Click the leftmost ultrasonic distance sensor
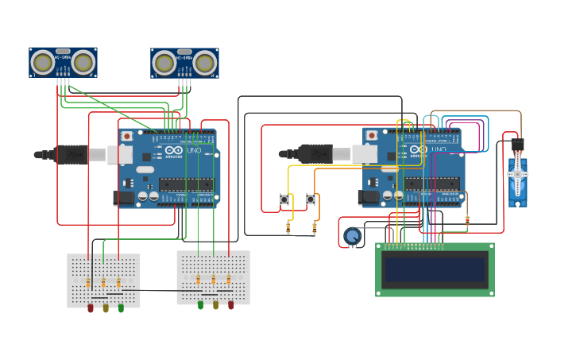64,62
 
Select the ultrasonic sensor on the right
184,62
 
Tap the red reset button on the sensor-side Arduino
126,136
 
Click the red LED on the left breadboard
91,308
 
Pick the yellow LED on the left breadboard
106,308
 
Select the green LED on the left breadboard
121,308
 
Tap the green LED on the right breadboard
200,304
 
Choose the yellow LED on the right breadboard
215,304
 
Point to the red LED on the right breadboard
231,304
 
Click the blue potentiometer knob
352,235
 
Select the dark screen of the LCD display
435,270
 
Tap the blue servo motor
517,181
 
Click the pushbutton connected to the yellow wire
284,199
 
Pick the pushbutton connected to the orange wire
311,199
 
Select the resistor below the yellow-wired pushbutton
288,228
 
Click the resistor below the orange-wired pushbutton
315,228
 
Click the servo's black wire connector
517,145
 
